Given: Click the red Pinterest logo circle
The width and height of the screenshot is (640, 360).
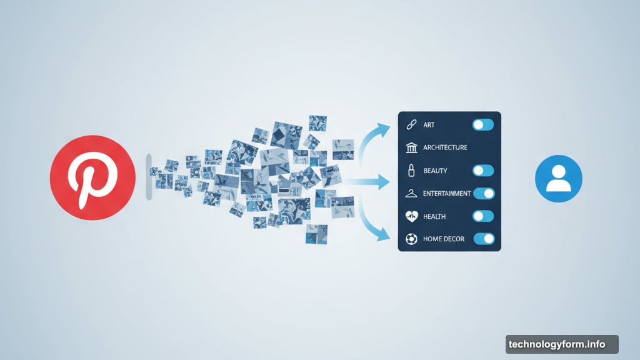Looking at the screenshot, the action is click(x=92, y=177).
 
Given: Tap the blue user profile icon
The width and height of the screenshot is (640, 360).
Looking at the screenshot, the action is click(x=558, y=178).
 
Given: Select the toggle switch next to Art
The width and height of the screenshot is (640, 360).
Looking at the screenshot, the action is click(x=483, y=124).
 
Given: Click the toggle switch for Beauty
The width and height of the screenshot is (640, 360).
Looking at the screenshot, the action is click(x=483, y=170).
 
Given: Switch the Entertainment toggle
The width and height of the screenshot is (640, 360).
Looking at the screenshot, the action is click(x=484, y=194).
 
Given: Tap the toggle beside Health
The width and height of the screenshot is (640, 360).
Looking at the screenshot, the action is click(x=483, y=216).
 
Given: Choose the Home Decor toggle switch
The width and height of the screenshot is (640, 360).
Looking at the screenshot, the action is click(x=484, y=239).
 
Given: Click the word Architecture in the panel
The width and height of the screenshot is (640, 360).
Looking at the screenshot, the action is click(x=445, y=147).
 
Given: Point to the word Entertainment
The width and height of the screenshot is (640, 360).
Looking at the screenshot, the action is click(x=447, y=194).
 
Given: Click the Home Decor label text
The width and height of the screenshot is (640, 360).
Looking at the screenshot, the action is click(x=444, y=239).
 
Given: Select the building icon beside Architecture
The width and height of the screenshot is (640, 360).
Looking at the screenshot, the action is click(x=411, y=147).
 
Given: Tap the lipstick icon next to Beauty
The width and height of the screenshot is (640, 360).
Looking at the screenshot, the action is click(x=411, y=170).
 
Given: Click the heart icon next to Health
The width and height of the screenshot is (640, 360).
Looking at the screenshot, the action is click(x=411, y=216).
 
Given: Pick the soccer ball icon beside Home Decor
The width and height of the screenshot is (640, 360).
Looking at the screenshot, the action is click(x=411, y=239).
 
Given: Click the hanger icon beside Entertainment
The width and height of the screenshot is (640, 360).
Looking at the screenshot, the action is click(x=411, y=194).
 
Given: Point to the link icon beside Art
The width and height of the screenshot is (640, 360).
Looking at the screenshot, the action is click(x=411, y=124).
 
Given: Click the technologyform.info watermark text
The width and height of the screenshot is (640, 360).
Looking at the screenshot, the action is click(x=557, y=344).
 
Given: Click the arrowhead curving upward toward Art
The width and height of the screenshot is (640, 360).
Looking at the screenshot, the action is click(x=383, y=130).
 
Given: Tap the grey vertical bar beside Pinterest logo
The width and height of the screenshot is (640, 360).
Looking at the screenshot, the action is click(x=149, y=177).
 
